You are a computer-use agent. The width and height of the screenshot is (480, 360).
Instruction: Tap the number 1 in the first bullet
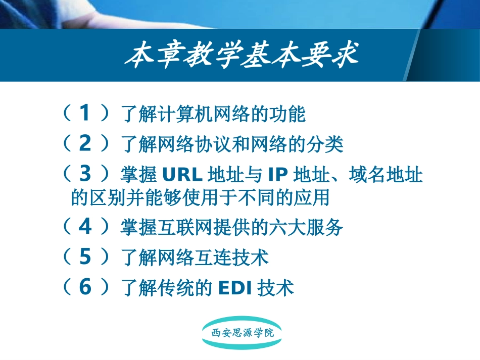pos(85,114)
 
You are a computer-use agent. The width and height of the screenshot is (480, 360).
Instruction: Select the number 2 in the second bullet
pos(85,144)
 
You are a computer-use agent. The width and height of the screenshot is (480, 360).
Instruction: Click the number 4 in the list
pos(85,227)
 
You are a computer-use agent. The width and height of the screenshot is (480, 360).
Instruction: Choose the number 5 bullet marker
pos(85,258)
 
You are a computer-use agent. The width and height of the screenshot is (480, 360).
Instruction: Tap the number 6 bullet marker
pos(85,287)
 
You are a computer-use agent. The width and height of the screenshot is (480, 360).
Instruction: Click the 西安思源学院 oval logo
pos(242,333)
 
